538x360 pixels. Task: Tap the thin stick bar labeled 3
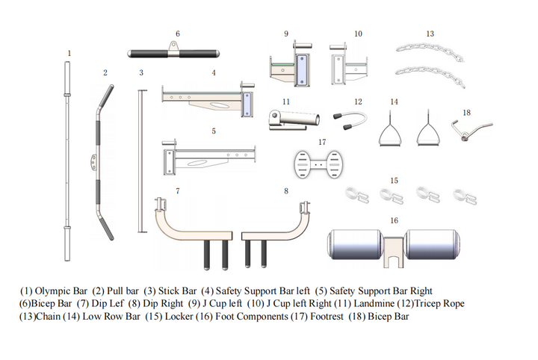click(x=138, y=161)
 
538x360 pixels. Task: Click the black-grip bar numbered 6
click(x=176, y=53)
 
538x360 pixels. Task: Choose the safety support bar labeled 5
click(x=209, y=158)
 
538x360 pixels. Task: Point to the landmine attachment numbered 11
click(x=293, y=119)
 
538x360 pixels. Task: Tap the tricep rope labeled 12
click(x=359, y=120)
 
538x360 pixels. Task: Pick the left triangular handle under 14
click(x=389, y=132)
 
